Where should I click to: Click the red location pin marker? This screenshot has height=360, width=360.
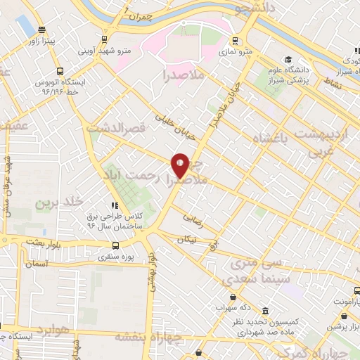180,165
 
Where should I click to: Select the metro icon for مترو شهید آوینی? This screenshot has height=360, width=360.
104,39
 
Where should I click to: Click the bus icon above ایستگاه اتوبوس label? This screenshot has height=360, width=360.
60,71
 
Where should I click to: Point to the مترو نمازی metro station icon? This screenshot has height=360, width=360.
234,40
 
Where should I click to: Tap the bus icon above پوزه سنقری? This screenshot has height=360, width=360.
115,245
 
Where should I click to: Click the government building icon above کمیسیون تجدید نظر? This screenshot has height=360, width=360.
266,311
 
